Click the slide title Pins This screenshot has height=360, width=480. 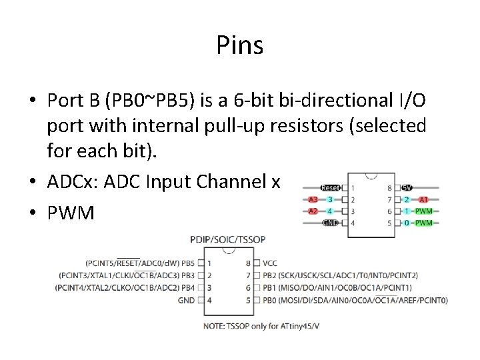(239, 46)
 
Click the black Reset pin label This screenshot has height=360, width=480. (331, 188)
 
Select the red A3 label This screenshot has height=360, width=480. (313, 199)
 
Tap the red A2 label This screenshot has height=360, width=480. (313, 211)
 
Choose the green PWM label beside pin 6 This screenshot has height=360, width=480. (424, 211)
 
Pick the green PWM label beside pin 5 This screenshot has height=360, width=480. (424, 223)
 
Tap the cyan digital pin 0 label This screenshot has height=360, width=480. (407, 223)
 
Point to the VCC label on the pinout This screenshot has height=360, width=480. (271, 263)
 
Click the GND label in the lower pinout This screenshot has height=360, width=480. (187, 300)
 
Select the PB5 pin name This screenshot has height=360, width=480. (187, 263)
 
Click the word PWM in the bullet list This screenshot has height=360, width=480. (71, 213)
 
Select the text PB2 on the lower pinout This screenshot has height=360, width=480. (270, 275)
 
